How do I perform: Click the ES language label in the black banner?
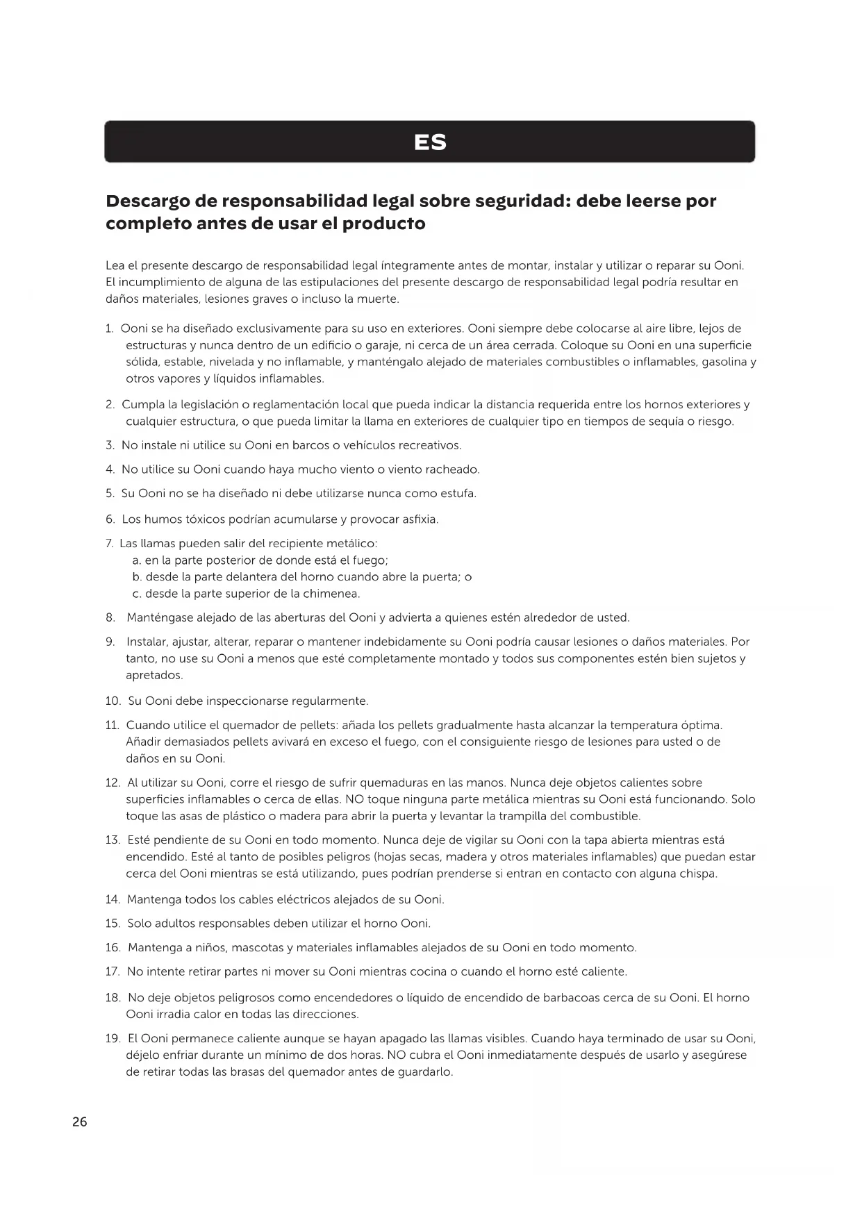tap(430, 142)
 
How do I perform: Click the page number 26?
tap(80, 1121)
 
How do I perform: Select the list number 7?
tap(110, 543)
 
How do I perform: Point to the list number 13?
tap(113, 840)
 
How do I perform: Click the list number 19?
tap(113, 1039)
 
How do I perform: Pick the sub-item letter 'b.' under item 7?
tap(137, 577)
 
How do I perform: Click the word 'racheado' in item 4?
tap(451, 469)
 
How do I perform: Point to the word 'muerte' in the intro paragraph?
tap(379, 299)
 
